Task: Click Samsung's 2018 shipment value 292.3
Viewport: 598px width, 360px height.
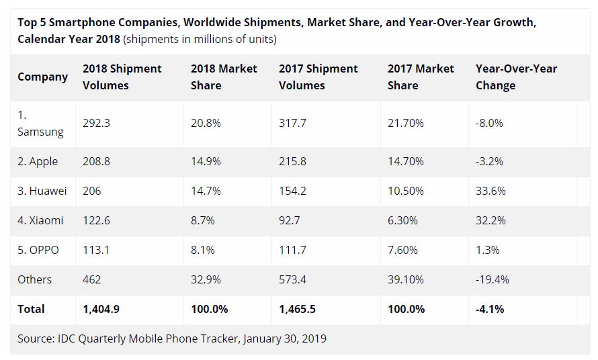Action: pyautogui.click(x=95, y=124)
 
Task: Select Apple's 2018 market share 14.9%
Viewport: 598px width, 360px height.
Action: pyautogui.click(x=205, y=161)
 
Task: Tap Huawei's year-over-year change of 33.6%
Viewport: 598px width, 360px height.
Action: pyautogui.click(x=490, y=191)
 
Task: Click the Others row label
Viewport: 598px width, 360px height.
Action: pyautogui.click(x=35, y=279)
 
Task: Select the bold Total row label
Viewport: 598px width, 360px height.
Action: pyautogui.click(x=32, y=309)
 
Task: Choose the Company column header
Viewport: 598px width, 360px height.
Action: pyautogui.click(x=42, y=77)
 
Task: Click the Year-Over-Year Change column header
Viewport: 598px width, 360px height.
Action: pyautogui.click(x=516, y=77)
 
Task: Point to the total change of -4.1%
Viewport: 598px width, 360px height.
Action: pyautogui.click(x=490, y=309)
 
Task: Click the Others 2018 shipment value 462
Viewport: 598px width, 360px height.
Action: pyautogui.click(x=91, y=279)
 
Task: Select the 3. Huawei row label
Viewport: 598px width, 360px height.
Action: pyautogui.click(x=42, y=191)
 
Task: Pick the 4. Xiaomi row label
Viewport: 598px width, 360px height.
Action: pyautogui.click(x=40, y=220)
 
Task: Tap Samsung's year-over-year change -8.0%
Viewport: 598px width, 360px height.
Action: pyautogui.click(x=489, y=124)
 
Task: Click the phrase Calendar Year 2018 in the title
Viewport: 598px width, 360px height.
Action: pyautogui.click(x=69, y=38)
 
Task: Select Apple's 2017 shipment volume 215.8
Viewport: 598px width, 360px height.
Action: pyautogui.click(x=293, y=161)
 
